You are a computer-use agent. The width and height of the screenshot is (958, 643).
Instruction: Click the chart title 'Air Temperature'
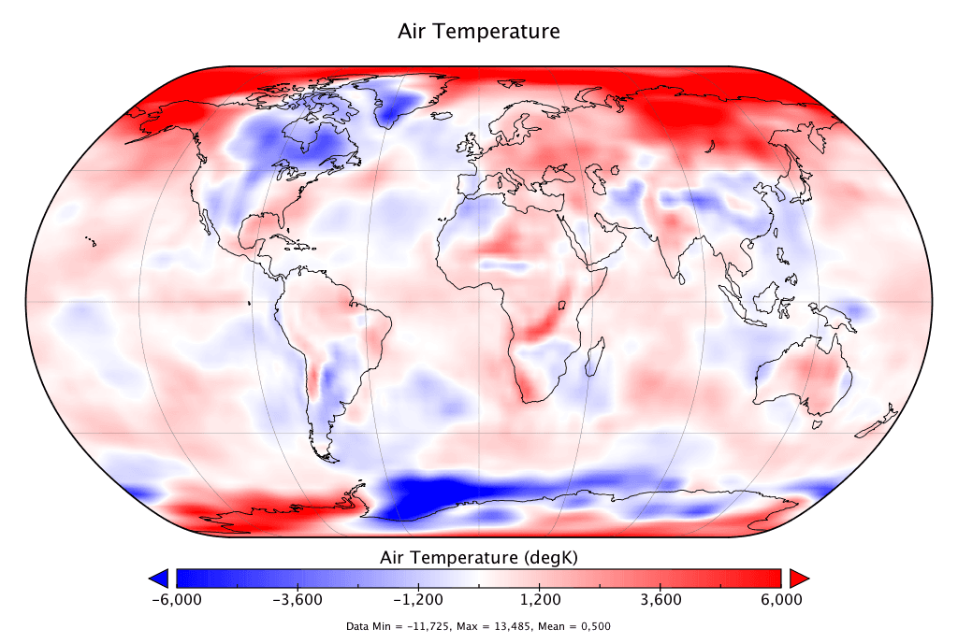pyautogui.click(x=479, y=31)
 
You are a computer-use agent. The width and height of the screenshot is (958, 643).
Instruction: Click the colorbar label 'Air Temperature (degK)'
pyautogui.click(x=479, y=558)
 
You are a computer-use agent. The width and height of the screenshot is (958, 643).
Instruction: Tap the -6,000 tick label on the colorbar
pyautogui.click(x=177, y=599)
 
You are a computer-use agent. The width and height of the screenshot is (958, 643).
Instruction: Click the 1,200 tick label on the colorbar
pyautogui.click(x=540, y=599)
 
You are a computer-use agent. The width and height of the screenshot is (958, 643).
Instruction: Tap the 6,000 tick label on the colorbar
pyautogui.click(x=781, y=599)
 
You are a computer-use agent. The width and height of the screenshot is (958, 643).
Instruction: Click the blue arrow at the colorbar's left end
pyautogui.click(x=159, y=576)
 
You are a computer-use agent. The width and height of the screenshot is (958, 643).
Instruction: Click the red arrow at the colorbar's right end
pyautogui.click(x=798, y=576)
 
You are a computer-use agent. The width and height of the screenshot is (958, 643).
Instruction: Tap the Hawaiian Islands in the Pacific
pyautogui.click(x=91, y=242)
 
